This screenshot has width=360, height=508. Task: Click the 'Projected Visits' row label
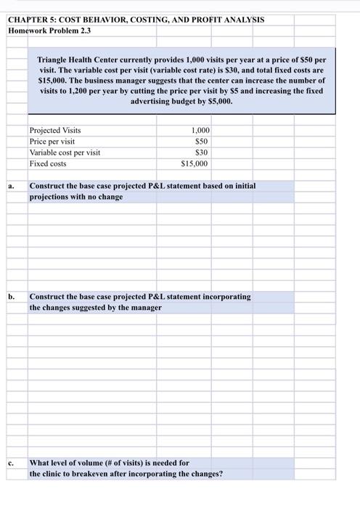55,131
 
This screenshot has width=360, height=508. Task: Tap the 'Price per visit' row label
52,142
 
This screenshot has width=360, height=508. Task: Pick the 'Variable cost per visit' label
65,152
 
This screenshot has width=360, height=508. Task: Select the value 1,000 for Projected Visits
200,131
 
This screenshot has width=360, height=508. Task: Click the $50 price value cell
202,142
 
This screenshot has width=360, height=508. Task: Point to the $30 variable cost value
202,152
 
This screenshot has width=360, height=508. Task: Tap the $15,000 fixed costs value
195,163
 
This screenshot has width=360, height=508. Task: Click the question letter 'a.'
12,186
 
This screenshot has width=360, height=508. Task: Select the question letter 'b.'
12,297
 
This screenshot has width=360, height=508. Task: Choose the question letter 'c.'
12,463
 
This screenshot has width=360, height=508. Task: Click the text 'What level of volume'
66,463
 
